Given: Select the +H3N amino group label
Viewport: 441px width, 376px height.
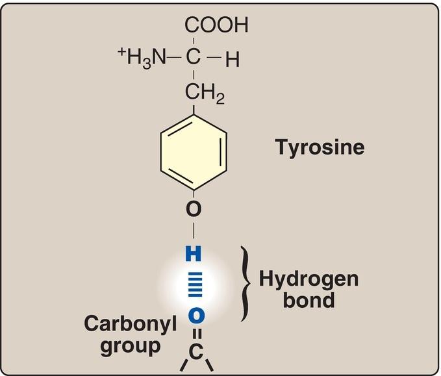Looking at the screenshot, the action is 142,60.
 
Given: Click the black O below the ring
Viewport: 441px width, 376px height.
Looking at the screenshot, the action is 194,209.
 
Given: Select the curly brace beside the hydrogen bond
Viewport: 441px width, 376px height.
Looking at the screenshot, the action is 246,283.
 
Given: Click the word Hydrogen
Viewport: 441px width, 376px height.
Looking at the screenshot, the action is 309,279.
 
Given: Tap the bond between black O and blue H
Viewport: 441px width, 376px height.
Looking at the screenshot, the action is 194,231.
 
